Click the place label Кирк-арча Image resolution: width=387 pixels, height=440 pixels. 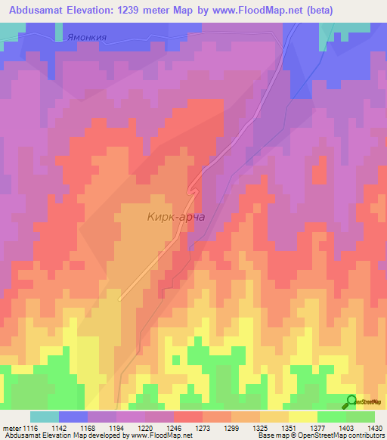[x=173, y=217]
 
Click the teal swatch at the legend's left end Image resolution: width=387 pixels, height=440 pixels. [x=45, y=417]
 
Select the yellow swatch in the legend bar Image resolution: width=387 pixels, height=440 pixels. [x=303, y=417]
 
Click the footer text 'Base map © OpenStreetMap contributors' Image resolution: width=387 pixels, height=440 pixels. [x=321, y=435]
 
